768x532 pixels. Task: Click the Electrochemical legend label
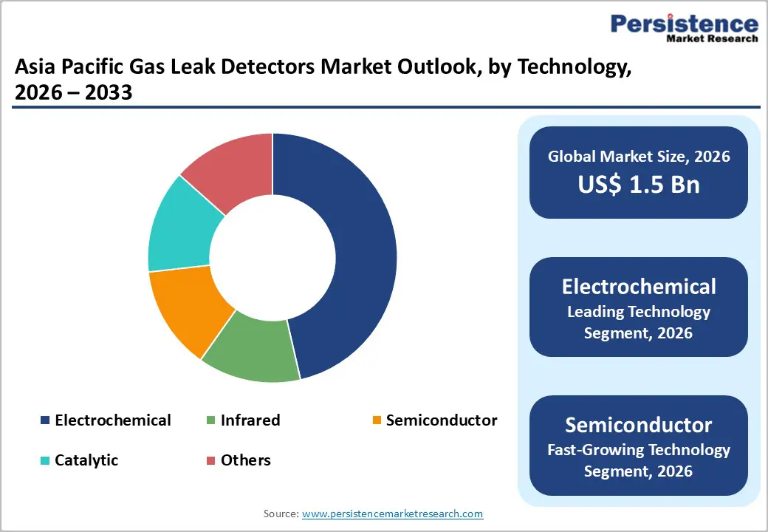coord(112,420)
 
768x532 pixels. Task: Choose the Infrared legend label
coord(250,420)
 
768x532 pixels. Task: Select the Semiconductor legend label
coord(441,420)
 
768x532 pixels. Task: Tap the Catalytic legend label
coord(86,460)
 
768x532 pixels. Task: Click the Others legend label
coord(246,460)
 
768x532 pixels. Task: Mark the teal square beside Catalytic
coord(45,461)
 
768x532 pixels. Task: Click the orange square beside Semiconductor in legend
coord(377,421)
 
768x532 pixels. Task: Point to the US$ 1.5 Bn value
coord(638,185)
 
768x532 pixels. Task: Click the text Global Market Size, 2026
coord(638,156)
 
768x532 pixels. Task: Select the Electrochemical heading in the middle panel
coord(638,286)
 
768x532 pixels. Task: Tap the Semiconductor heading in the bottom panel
coord(638,425)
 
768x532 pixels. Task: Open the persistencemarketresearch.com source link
coord(393,513)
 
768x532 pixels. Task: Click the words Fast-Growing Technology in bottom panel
coord(638,449)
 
